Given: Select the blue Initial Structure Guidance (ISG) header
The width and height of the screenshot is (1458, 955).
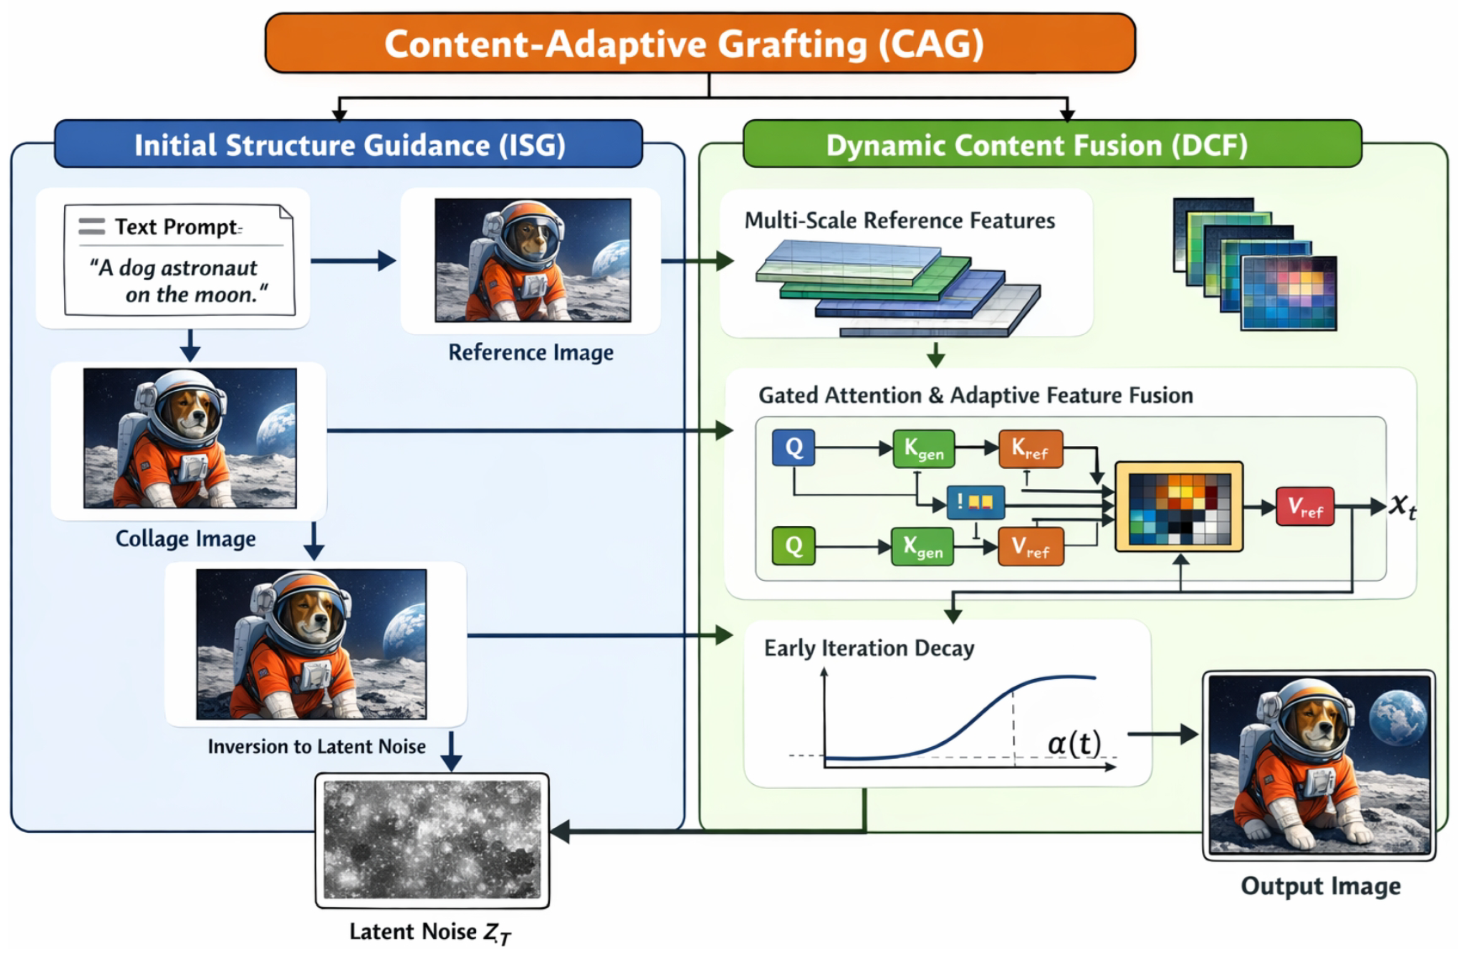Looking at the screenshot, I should (349, 145).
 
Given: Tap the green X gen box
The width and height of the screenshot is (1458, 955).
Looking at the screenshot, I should (922, 546).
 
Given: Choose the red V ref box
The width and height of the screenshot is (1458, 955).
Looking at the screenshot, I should (1304, 507).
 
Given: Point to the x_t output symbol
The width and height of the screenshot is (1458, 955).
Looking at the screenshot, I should (1402, 506).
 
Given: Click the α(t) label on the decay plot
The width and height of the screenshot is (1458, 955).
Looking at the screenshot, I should (1073, 743).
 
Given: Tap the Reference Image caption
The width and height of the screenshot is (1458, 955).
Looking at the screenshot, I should (531, 353).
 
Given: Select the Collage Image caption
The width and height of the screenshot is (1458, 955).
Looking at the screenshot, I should (186, 539).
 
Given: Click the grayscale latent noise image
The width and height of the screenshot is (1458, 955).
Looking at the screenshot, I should (432, 840).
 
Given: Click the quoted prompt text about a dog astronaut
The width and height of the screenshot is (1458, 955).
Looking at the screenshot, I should (178, 281).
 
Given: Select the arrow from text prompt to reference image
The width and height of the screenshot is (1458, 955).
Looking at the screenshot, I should (354, 261).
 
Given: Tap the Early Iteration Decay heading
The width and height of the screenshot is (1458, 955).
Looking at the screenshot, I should (869, 648).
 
